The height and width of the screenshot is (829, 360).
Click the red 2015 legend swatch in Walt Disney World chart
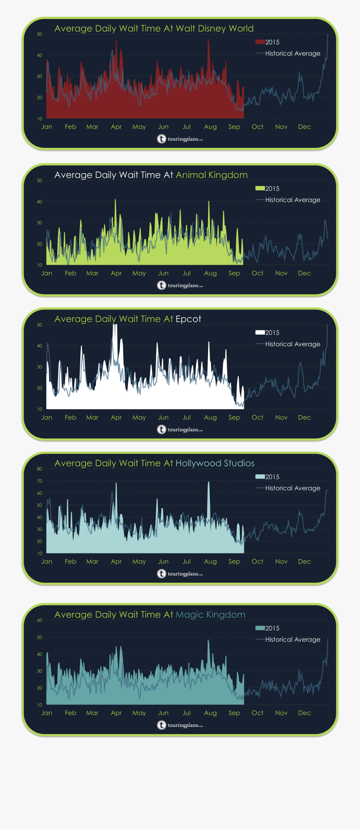260,42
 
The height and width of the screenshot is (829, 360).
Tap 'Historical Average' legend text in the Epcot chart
292,344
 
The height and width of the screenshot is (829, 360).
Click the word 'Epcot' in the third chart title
188,319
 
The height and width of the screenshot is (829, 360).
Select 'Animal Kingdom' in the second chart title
212,175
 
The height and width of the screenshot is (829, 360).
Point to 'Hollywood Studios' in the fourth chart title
215,463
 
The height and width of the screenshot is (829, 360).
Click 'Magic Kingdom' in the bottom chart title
210,615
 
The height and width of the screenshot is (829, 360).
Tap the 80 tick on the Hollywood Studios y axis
40,469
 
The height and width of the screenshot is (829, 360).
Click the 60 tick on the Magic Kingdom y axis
40,620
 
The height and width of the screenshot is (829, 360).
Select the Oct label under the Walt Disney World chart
257,127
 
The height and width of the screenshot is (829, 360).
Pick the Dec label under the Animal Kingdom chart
304,273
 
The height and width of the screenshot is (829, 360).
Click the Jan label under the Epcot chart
47,417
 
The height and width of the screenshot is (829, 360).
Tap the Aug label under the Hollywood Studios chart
210,561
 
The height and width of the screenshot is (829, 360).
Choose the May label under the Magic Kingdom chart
139,713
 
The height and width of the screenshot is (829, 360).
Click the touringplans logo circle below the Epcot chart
161,429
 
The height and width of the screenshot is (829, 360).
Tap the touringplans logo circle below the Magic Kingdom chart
161,725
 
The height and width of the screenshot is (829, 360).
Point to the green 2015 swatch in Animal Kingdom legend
260,188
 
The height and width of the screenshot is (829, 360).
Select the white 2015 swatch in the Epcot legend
260,332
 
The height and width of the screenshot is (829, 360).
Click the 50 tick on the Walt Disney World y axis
40,34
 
